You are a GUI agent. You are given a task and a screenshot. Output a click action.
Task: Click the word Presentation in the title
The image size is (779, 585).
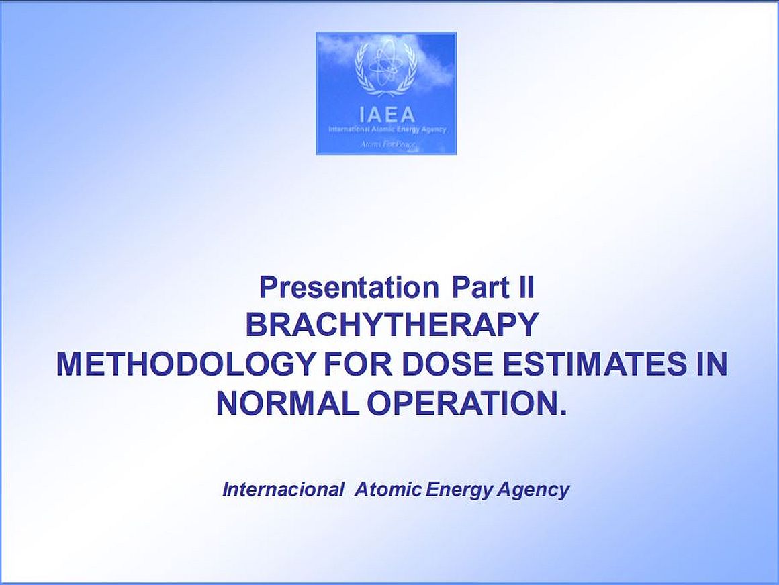pyautogui.click(x=349, y=288)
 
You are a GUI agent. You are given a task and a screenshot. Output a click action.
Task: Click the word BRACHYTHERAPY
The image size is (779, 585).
pyautogui.click(x=392, y=325)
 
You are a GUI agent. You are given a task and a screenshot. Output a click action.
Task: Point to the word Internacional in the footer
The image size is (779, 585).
pyautogui.click(x=283, y=489)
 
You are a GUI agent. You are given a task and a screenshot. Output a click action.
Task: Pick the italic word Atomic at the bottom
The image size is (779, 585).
pyautogui.click(x=388, y=489)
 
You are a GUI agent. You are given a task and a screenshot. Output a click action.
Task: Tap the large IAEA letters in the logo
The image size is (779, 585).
pyautogui.click(x=387, y=115)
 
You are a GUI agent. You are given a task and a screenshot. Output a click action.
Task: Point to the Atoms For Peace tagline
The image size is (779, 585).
pyautogui.click(x=387, y=144)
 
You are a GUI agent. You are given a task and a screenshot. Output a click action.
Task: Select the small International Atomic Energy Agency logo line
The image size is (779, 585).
pyautogui.click(x=387, y=129)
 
